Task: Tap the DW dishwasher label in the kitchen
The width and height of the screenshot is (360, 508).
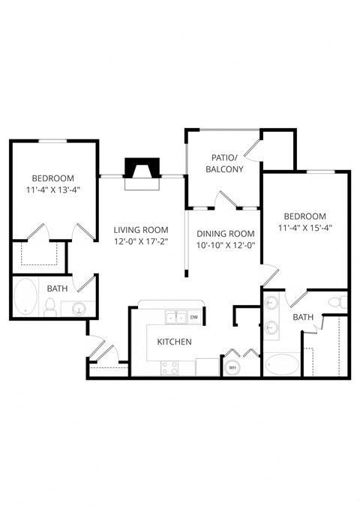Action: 194,318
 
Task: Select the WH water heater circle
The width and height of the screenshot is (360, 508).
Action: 232,367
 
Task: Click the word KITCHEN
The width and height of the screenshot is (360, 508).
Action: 174,342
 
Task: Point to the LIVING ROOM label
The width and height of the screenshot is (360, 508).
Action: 141,230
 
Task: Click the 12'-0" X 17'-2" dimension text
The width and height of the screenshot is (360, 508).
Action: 141,242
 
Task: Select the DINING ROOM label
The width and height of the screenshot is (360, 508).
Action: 226,233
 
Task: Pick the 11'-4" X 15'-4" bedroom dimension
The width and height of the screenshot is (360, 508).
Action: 305,227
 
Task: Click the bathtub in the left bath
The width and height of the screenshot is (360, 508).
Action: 25,297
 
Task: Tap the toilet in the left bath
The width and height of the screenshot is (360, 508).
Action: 51,306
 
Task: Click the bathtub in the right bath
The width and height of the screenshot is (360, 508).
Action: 280,364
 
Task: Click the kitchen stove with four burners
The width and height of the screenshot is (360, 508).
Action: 170,367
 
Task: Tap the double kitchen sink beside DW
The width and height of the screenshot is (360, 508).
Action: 176,318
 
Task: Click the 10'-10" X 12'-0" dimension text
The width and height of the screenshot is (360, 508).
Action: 226,245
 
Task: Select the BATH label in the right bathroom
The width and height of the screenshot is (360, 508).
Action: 303,317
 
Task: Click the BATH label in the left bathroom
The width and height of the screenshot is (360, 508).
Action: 58,288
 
